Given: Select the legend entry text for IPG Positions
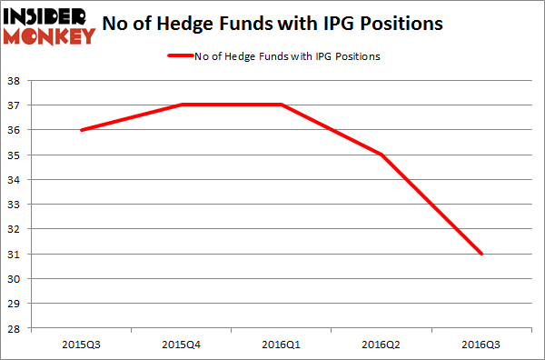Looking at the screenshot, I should tap(286, 56).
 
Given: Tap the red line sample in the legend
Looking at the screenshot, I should tap(179, 56).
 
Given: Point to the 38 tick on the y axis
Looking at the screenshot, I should tap(16, 80).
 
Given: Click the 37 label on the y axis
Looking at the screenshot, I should tap(16, 105).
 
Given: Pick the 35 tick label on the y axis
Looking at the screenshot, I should tap(16, 155).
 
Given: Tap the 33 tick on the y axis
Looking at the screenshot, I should tap(16, 205).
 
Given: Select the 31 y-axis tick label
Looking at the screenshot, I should tap(16, 254).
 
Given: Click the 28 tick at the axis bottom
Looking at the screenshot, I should tap(16, 328).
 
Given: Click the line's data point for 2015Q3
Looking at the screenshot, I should tap(81, 130).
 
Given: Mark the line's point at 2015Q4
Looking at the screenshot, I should tap(182, 105).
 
